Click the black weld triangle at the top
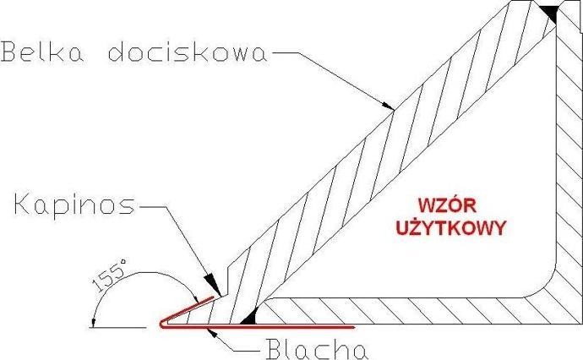[x=549, y=12]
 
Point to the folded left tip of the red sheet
[x=161, y=323]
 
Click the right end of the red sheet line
[x=352, y=325]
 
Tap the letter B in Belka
[x=11, y=53]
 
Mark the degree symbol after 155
[x=124, y=264]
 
